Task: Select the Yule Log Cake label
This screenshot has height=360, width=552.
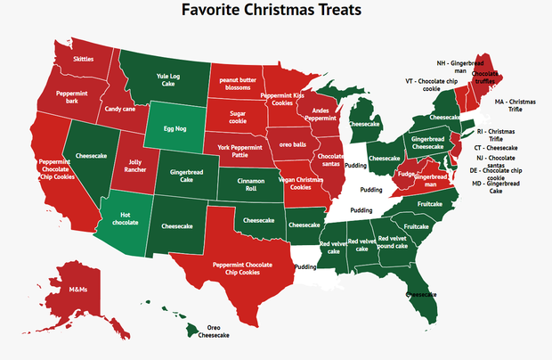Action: click(169, 81)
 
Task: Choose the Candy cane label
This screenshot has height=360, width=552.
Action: click(119, 110)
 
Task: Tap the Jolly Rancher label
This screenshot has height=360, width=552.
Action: click(131, 166)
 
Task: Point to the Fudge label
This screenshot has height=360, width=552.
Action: click(407, 175)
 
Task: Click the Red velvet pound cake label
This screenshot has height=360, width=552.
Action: click(397, 242)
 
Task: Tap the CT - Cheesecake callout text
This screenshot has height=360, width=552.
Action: click(495, 147)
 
